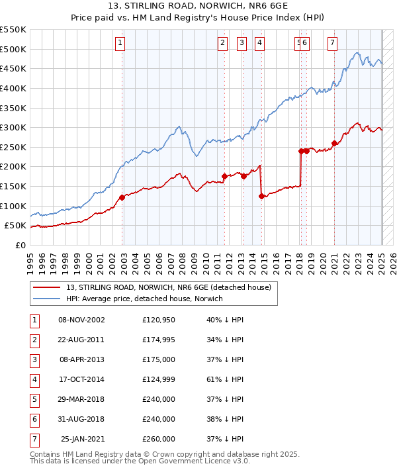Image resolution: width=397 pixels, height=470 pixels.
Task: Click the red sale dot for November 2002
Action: pos(122,197)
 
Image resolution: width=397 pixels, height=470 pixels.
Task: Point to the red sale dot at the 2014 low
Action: pos(262,196)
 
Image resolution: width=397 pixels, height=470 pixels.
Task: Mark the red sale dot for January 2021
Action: pos(335,143)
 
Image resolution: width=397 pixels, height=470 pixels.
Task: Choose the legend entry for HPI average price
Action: pos(144,299)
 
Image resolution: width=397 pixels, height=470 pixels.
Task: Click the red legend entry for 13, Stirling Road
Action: pos(168,287)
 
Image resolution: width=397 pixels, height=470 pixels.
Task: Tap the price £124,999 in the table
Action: pos(159,379)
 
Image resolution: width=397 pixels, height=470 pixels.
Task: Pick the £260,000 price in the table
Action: pos(159,439)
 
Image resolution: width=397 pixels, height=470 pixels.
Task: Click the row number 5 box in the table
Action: pos(34,399)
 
